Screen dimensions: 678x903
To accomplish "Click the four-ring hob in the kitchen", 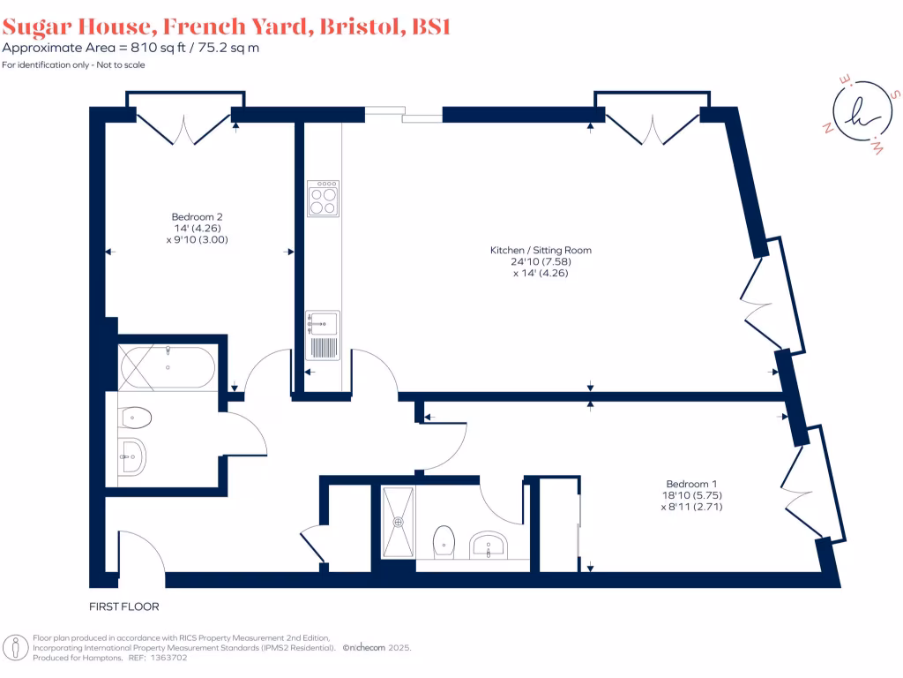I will [324, 199].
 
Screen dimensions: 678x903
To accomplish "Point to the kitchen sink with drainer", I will [324, 335].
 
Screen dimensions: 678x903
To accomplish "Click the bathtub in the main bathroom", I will [167, 367].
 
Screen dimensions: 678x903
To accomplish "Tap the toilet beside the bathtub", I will [137, 417].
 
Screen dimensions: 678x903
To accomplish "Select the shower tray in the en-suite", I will [398, 522].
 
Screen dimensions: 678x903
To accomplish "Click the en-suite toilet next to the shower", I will [444, 542].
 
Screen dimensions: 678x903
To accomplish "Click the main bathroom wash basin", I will [132, 456].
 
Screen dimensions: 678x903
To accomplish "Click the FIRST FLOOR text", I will [123, 607].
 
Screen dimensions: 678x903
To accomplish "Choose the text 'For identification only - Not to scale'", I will [73, 65].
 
